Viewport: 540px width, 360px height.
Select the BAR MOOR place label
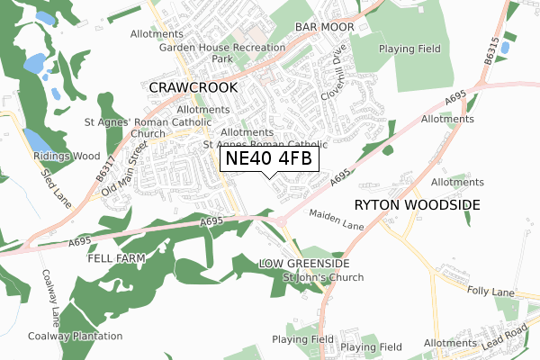click(324, 28)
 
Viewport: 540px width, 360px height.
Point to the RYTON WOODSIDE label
click(418, 205)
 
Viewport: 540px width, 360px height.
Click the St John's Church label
click(323, 277)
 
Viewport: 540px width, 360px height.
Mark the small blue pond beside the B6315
click(506, 47)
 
